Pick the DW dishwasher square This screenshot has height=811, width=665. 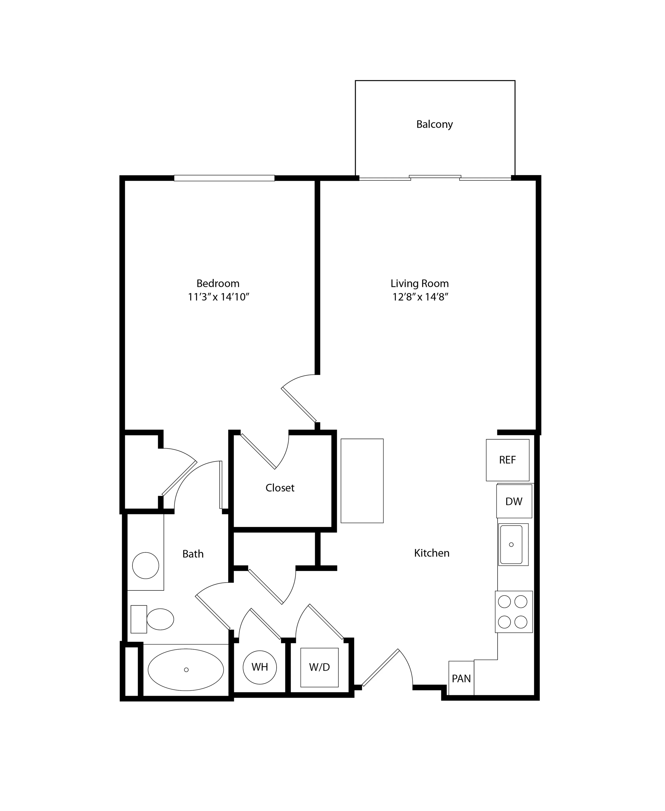click(514, 501)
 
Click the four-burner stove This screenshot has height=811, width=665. click(514, 611)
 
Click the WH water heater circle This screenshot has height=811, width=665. click(260, 667)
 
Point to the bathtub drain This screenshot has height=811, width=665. click(186, 670)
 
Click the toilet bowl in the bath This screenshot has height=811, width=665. click(160, 619)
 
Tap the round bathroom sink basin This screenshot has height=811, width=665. click(145, 565)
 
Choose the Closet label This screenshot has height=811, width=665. click(280, 488)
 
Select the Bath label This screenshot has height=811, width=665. click(193, 554)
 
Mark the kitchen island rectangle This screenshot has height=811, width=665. click(362, 481)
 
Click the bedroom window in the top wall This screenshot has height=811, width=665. click(225, 178)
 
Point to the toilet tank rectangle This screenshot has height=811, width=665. click(139, 619)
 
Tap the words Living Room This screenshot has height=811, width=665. click(420, 284)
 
